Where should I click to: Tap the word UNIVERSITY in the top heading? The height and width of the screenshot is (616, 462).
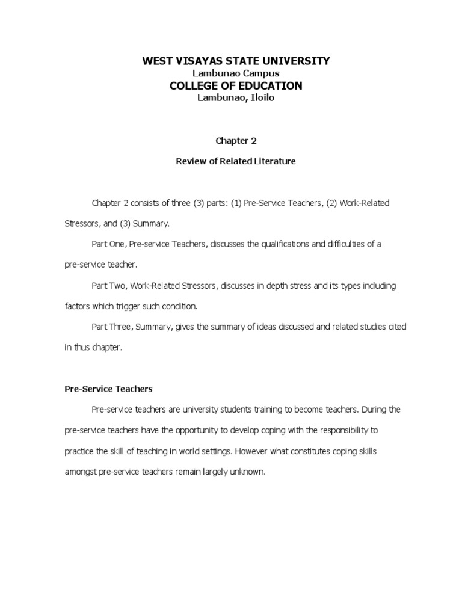coord(296,61)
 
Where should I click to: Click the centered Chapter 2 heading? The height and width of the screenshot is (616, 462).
coord(232,141)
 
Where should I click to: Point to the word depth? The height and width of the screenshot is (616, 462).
coord(279,286)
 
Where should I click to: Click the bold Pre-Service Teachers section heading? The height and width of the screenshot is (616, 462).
coord(108,389)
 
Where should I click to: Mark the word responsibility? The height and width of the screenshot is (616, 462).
coord(353,431)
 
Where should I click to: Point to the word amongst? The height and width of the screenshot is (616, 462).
coord(82,472)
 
